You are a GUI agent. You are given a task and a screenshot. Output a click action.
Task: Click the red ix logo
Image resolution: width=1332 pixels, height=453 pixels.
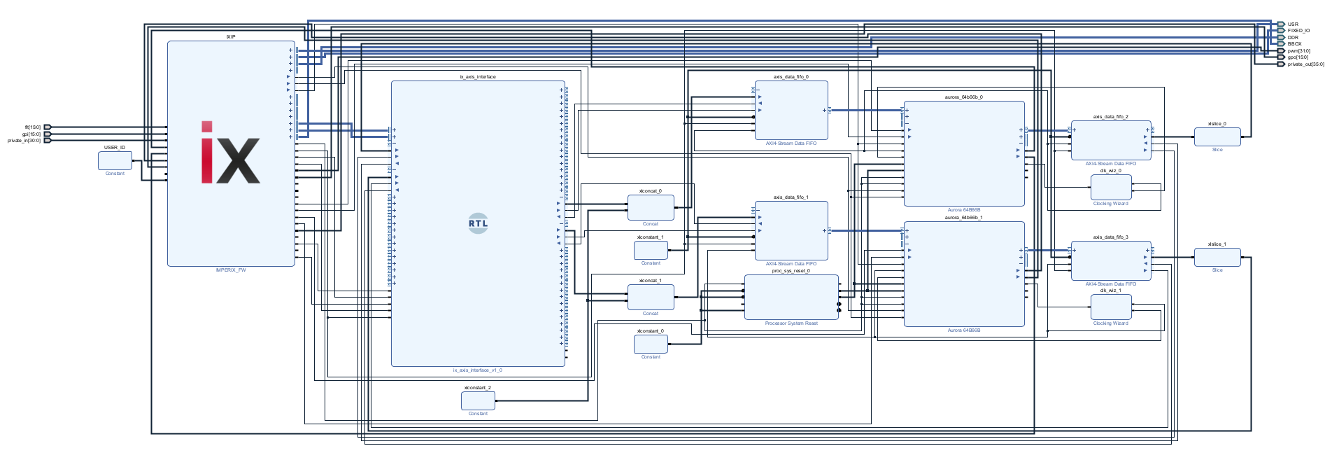(x=230, y=153)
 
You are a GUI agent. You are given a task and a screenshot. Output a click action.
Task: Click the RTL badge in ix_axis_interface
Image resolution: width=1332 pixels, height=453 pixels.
(x=478, y=223)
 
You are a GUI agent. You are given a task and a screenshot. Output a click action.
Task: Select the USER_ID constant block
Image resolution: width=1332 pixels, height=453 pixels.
(x=115, y=160)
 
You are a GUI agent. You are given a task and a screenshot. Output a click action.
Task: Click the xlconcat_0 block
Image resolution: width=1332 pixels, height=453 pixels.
(x=651, y=207)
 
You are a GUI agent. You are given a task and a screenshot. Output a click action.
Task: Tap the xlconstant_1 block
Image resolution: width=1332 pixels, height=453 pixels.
(x=651, y=250)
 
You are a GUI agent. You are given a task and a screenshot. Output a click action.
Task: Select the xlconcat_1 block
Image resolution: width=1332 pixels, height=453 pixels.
(x=651, y=297)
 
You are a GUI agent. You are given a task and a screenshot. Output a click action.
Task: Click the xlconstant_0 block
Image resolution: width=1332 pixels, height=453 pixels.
(x=651, y=344)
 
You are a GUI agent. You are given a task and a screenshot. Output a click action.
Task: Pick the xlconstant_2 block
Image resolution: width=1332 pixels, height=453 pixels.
(x=478, y=400)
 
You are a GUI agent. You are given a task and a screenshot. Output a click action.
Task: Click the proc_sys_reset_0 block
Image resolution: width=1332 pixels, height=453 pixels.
(x=791, y=297)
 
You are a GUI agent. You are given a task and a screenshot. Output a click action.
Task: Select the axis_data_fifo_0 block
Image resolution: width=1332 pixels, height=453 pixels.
(x=791, y=110)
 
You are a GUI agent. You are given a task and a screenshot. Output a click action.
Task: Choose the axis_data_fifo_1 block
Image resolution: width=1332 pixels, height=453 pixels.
(x=791, y=230)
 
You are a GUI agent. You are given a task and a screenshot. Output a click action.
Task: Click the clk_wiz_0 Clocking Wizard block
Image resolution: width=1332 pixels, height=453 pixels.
(x=1111, y=187)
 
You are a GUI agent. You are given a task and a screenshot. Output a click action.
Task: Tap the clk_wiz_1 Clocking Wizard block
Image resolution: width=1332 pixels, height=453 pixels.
(x=1111, y=307)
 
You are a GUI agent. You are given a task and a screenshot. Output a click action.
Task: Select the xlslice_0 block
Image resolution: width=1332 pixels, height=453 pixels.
(x=1217, y=137)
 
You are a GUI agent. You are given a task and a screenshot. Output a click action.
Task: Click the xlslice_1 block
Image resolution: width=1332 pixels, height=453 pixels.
(x=1217, y=257)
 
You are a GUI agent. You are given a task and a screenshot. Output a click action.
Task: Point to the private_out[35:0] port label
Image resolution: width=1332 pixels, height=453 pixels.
(x=1305, y=64)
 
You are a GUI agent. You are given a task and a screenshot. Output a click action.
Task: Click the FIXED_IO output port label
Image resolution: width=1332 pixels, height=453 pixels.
(x=1298, y=31)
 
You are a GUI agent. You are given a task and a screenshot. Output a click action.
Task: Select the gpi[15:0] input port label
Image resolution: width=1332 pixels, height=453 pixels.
(x=31, y=134)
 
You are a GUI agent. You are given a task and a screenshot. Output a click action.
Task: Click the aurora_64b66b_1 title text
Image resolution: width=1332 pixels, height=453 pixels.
(x=963, y=218)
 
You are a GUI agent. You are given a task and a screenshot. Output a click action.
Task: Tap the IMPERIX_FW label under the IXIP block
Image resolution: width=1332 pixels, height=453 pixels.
(x=231, y=270)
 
